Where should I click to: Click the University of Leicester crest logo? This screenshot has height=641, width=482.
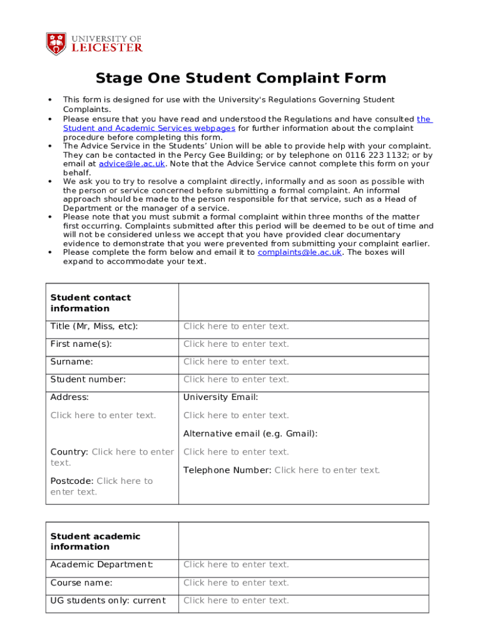coord(56,43)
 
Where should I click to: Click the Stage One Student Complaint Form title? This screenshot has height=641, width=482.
coord(240,78)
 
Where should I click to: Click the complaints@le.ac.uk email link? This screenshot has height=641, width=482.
coord(300,252)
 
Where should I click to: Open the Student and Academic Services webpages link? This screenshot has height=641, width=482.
coord(149,128)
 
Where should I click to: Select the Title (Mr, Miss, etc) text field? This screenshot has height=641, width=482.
coord(236,326)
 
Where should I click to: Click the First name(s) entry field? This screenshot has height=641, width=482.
coord(236,344)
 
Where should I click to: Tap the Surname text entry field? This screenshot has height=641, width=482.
coord(236,362)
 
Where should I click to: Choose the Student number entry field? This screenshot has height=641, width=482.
coord(236,379)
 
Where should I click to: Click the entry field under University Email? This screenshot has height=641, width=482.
coord(236,415)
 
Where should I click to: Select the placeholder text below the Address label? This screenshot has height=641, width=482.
coord(103,415)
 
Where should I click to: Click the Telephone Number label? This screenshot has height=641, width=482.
coord(227,470)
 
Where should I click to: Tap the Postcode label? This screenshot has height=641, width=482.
coord(71,481)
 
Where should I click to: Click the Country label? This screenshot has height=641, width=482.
coord(69,452)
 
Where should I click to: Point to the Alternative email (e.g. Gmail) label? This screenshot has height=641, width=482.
coord(250,433)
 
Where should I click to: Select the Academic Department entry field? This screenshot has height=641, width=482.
coord(236,565)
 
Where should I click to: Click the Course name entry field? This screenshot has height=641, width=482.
coord(236,583)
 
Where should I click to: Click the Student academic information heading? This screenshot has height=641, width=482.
coord(95,541)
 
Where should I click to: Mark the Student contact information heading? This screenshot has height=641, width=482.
coord(91,303)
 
